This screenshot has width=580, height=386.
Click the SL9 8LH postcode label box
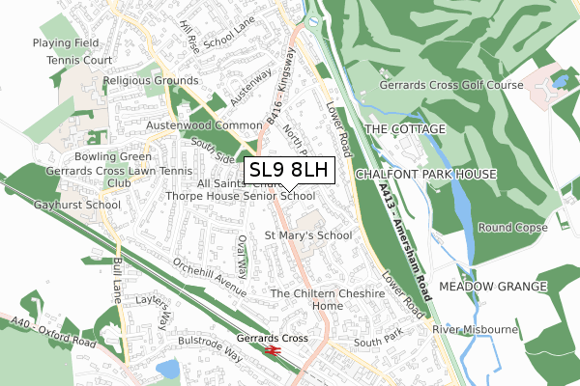(289, 171)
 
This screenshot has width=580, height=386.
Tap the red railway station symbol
(273, 351)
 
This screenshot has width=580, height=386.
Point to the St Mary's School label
(307, 234)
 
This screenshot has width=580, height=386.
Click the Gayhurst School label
(48, 206)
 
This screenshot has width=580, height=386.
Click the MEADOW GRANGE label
(493, 288)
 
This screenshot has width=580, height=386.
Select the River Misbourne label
(476, 330)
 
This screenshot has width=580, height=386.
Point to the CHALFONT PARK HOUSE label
(425, 174)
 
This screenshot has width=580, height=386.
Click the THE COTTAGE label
(404, 128)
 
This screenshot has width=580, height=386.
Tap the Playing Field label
(66, 43)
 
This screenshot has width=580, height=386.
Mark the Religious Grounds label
(152, 82)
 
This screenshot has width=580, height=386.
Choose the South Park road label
(376, 343)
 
